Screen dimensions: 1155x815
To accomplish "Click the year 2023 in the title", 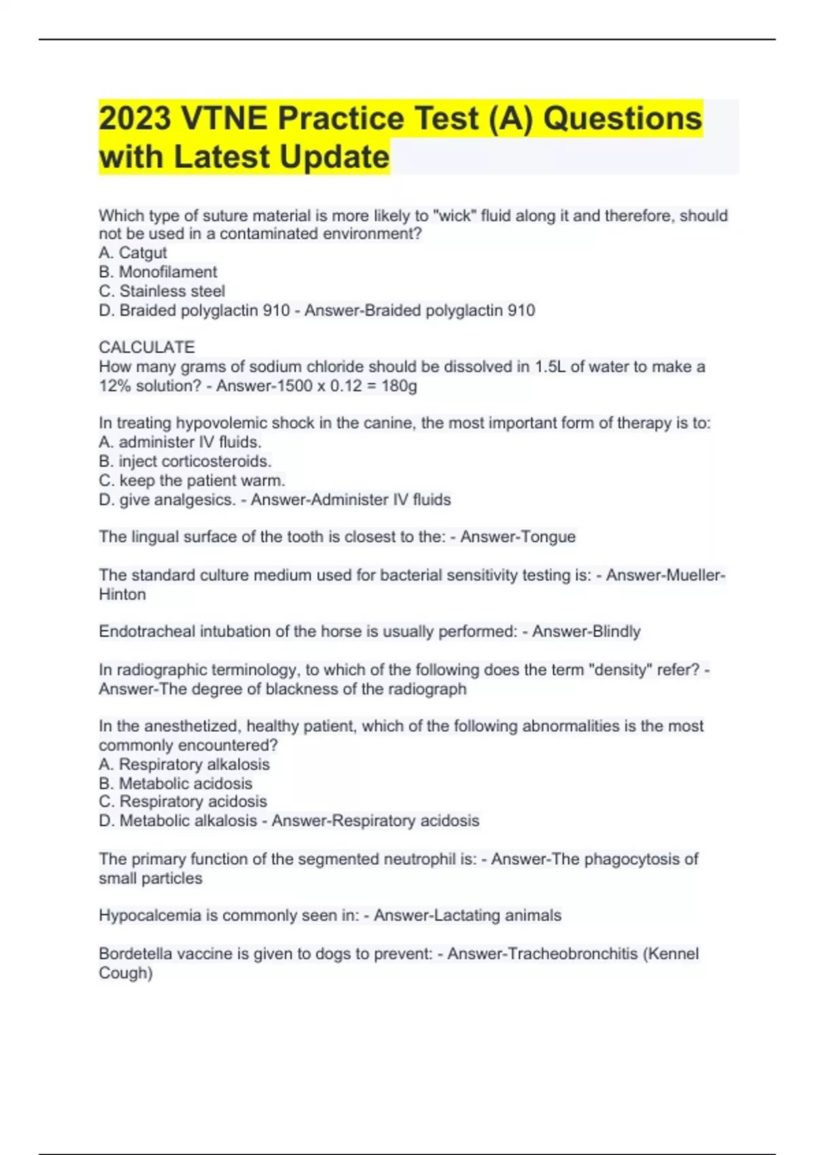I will pos(135,118).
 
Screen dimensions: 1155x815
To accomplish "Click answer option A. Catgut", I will pos(132,253).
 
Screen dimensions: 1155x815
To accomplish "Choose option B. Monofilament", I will pos(158,272).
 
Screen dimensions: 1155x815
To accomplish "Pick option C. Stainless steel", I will pos(162,291).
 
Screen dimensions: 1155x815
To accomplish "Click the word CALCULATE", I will pos(147,347).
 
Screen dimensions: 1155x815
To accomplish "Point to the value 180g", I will pos(399,386).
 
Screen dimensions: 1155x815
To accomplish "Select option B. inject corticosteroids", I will pos(185,461).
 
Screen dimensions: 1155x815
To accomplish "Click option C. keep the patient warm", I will pos(192,480).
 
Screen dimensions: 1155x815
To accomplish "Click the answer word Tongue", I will pos(547,537).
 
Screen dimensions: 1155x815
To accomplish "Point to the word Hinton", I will pos(122,594).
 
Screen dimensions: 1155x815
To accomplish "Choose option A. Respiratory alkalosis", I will pos(184,764).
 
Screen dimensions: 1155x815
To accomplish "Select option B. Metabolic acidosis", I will pos(175,783).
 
